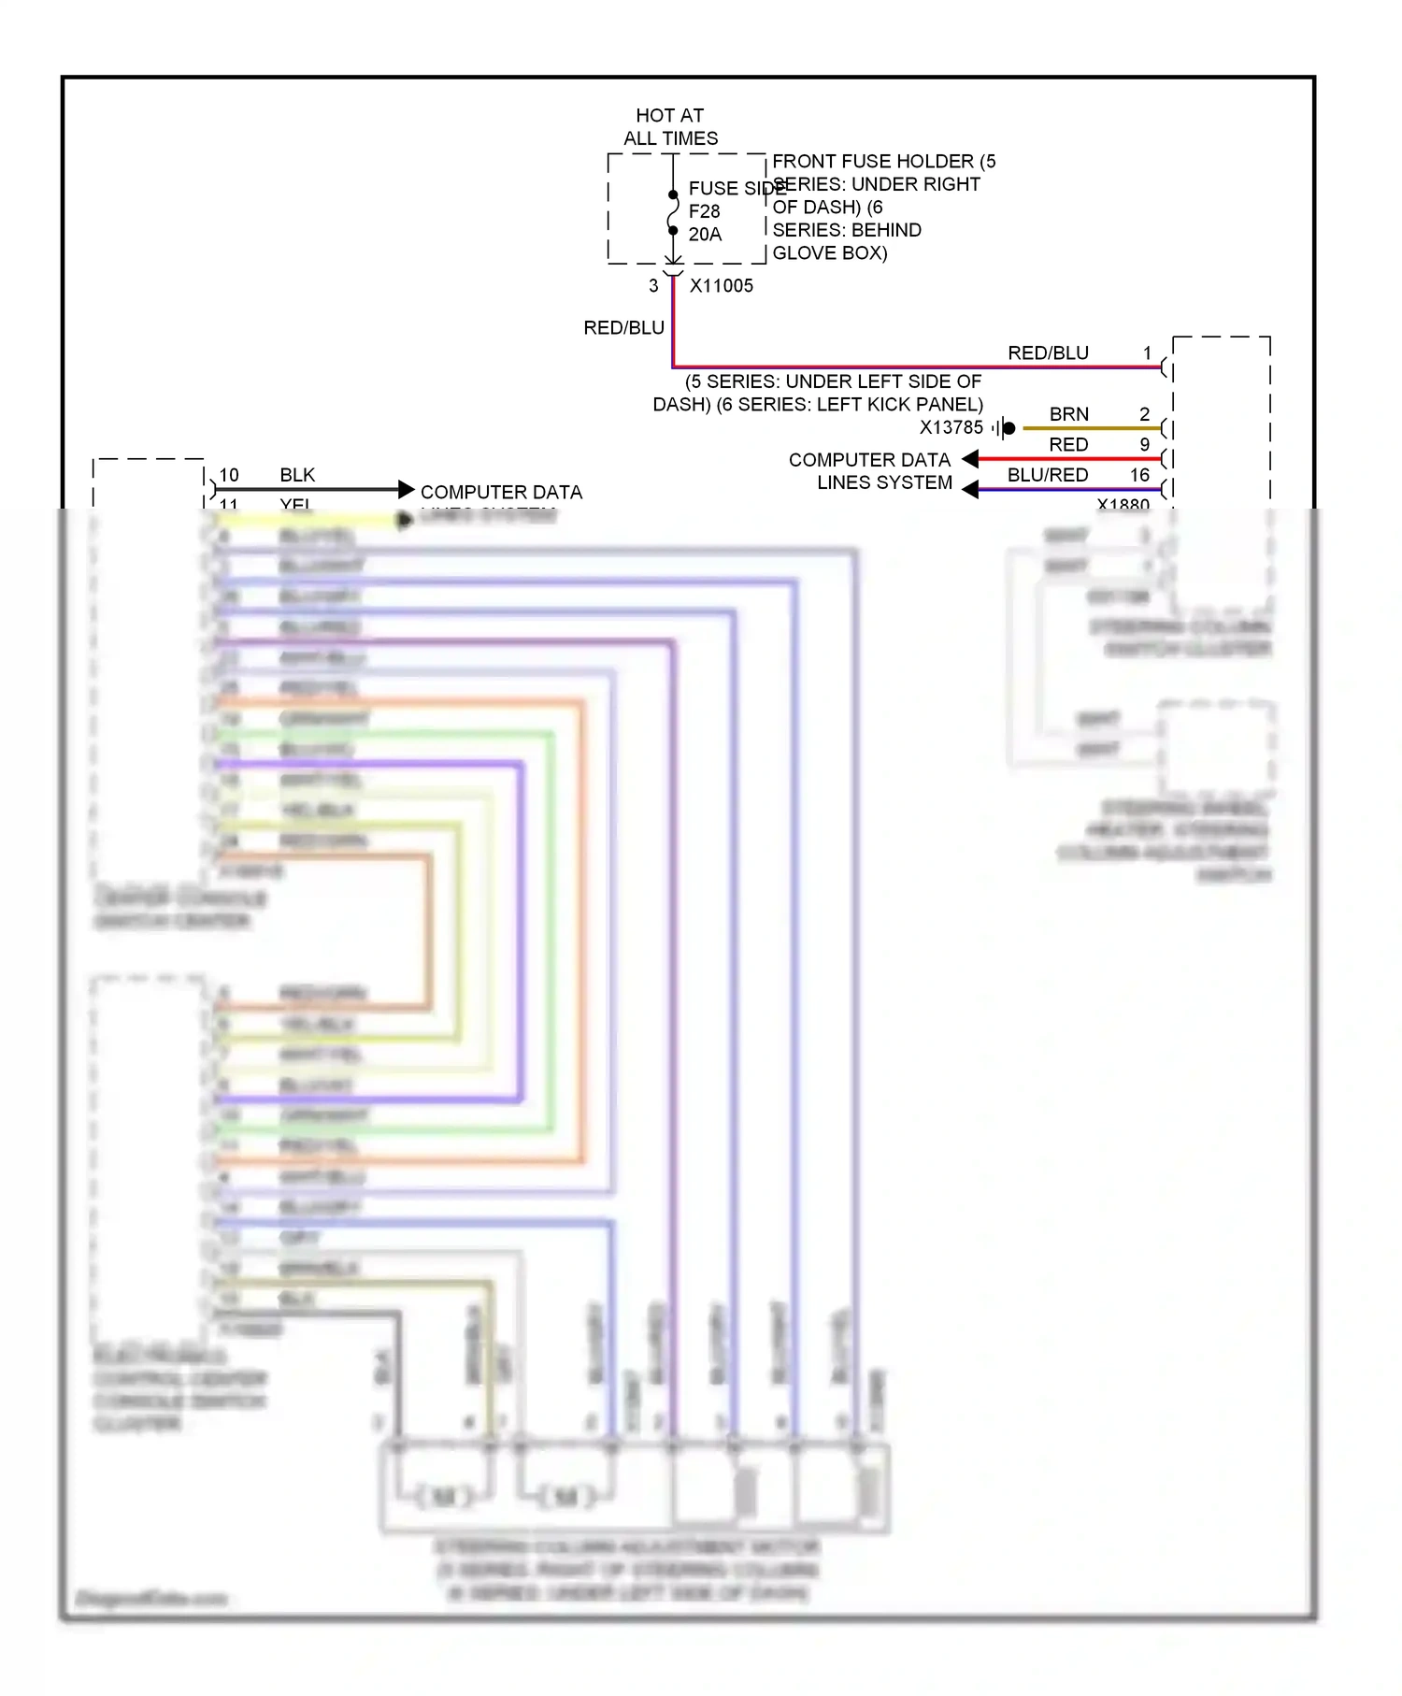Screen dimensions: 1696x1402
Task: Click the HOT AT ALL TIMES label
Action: [670, 126]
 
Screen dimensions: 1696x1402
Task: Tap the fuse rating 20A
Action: [705, 235]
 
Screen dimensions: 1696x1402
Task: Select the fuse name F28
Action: [704, 212]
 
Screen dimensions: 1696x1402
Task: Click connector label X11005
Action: [721, 286]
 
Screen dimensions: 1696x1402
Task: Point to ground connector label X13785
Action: [951, 428]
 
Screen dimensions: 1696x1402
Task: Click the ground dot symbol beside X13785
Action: [1009, 428]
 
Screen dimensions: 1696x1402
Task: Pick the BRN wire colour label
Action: [1068, 414]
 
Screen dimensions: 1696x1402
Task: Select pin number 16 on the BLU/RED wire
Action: [1139, 475]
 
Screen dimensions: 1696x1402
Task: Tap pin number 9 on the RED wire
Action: [1144, 445]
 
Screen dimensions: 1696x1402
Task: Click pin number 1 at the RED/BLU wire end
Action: [1147, 353]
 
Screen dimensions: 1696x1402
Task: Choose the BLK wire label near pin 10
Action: [297, 475]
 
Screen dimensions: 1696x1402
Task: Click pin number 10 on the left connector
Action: [229, 475]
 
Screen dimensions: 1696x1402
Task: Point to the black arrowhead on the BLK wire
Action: [406, 489]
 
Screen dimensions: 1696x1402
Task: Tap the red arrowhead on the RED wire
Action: [971, 459]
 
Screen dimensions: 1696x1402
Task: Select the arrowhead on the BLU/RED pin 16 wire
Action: [971, 489]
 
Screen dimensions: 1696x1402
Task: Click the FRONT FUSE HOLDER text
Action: [872, 162]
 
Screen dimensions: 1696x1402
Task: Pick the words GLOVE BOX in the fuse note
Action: [829, 253]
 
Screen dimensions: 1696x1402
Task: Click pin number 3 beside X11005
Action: [653, 286]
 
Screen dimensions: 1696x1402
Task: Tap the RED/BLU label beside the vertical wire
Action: [623, 328]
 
